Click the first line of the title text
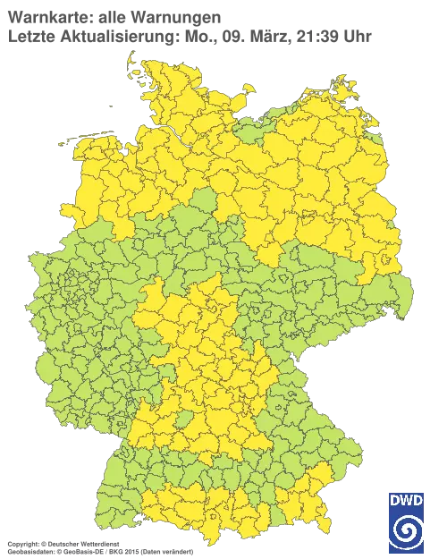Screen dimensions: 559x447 point(116,19)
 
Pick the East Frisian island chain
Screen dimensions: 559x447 point(85,136)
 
